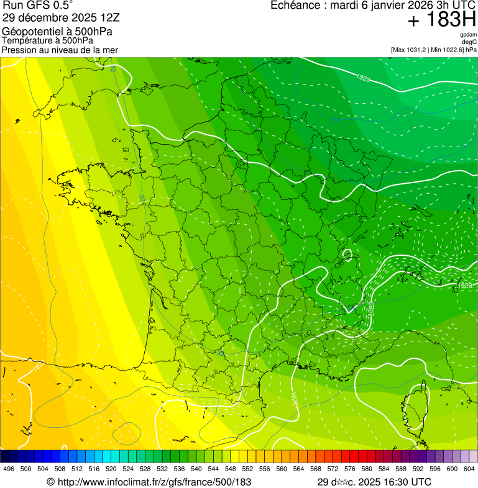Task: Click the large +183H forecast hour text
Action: [x=442, y=20]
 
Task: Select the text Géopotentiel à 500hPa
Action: [x=57, y=32]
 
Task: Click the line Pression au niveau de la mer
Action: [x=60, y=50]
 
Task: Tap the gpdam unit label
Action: [x=468, y=35]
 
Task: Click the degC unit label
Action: [x=469, y=42]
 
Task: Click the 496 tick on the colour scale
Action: [x=9, y=469]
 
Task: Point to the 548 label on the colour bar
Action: [x=231, y=469]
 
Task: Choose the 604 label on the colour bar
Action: [x=469, y=469]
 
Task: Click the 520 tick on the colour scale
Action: [x=111, y=469]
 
